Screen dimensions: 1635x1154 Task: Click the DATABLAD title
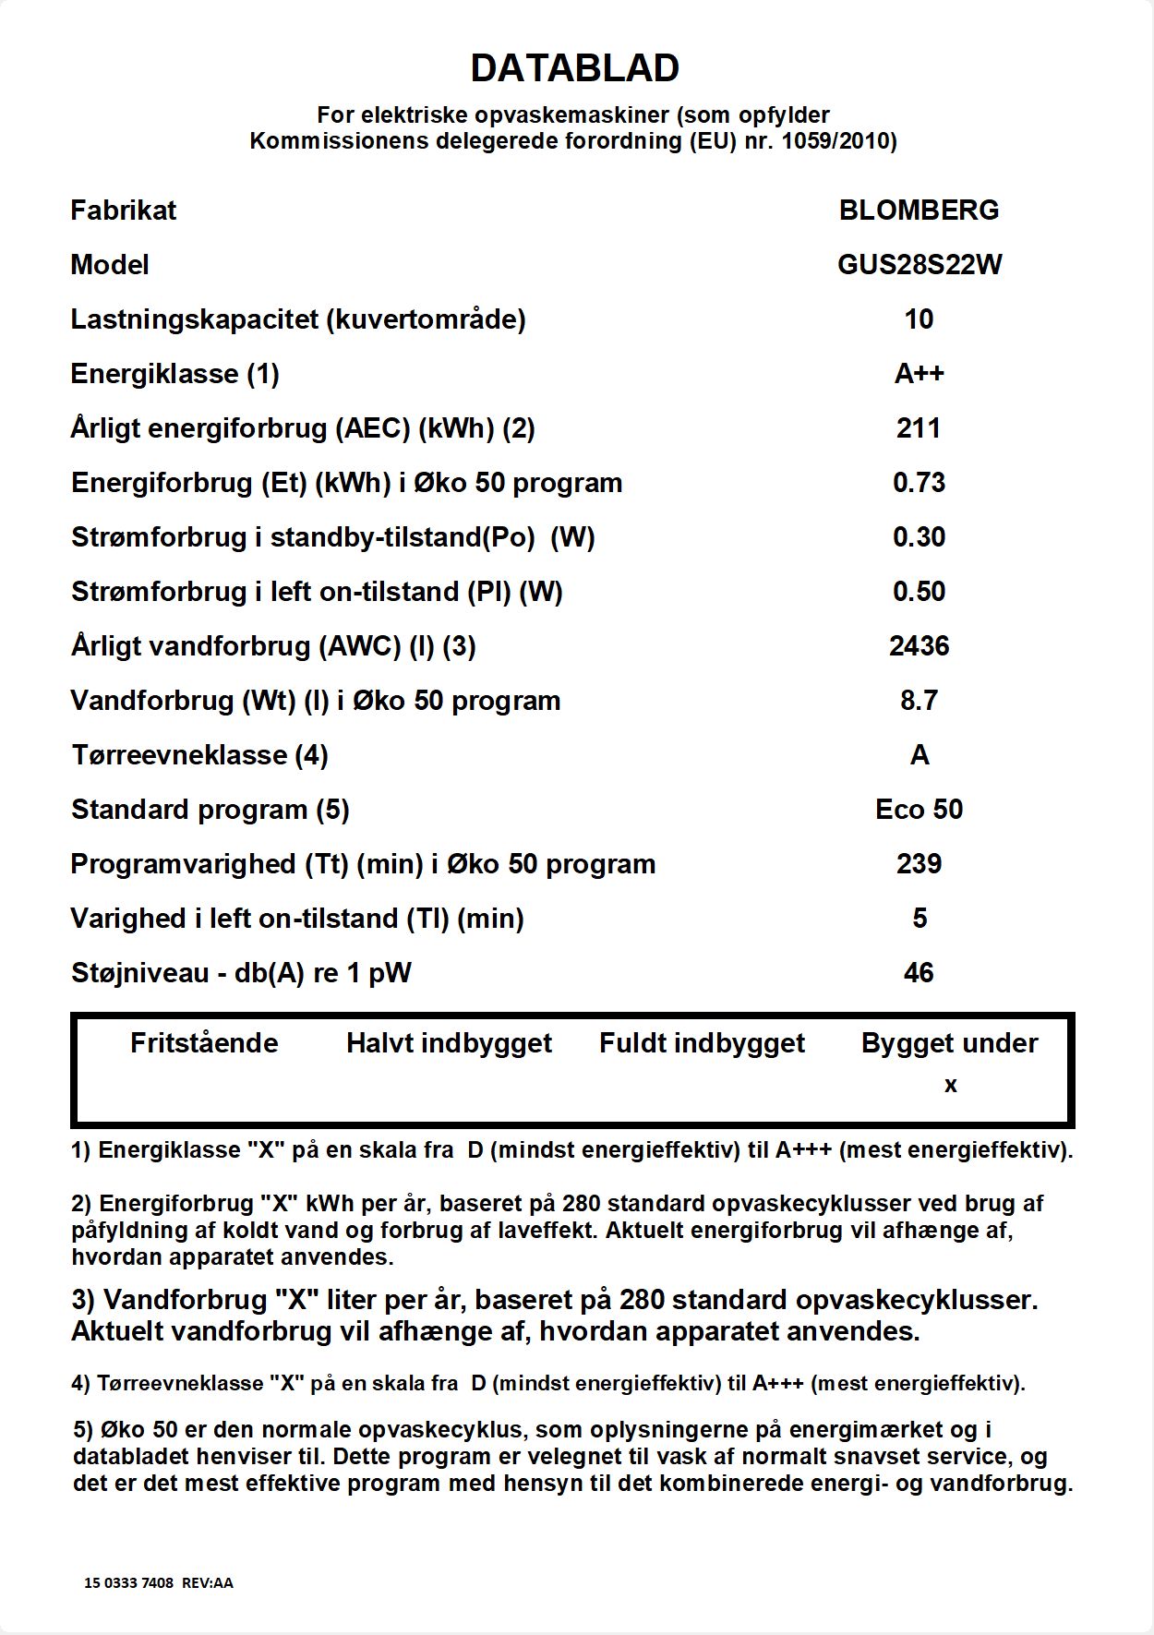point(575,68)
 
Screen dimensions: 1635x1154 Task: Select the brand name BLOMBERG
point(919,210)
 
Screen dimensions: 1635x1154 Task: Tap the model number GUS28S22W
point(919,265)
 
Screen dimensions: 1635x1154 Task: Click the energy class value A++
point(919,374)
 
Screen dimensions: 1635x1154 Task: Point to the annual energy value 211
point(919,428)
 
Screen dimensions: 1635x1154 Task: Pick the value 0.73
point(919,483)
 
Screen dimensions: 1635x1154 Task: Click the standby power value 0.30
point(919,537)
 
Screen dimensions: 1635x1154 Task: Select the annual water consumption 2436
point(919,646)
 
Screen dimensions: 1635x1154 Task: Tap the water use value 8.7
point(919,701)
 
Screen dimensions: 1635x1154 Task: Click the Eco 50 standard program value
point(919,810)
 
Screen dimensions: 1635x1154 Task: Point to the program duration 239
point(919,864)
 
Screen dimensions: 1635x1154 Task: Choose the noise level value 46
point(919,973)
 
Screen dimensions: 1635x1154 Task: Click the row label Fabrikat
point(123,210)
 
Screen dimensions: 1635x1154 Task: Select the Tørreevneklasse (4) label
point(199,755)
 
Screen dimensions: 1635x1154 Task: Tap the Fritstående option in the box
point(204,1043)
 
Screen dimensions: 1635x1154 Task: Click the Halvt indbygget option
point(449,1043)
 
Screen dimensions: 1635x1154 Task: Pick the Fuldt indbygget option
point(702,1043)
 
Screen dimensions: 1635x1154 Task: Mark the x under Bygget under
point(950,1086)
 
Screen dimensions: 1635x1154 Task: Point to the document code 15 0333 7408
point(128,1582)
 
